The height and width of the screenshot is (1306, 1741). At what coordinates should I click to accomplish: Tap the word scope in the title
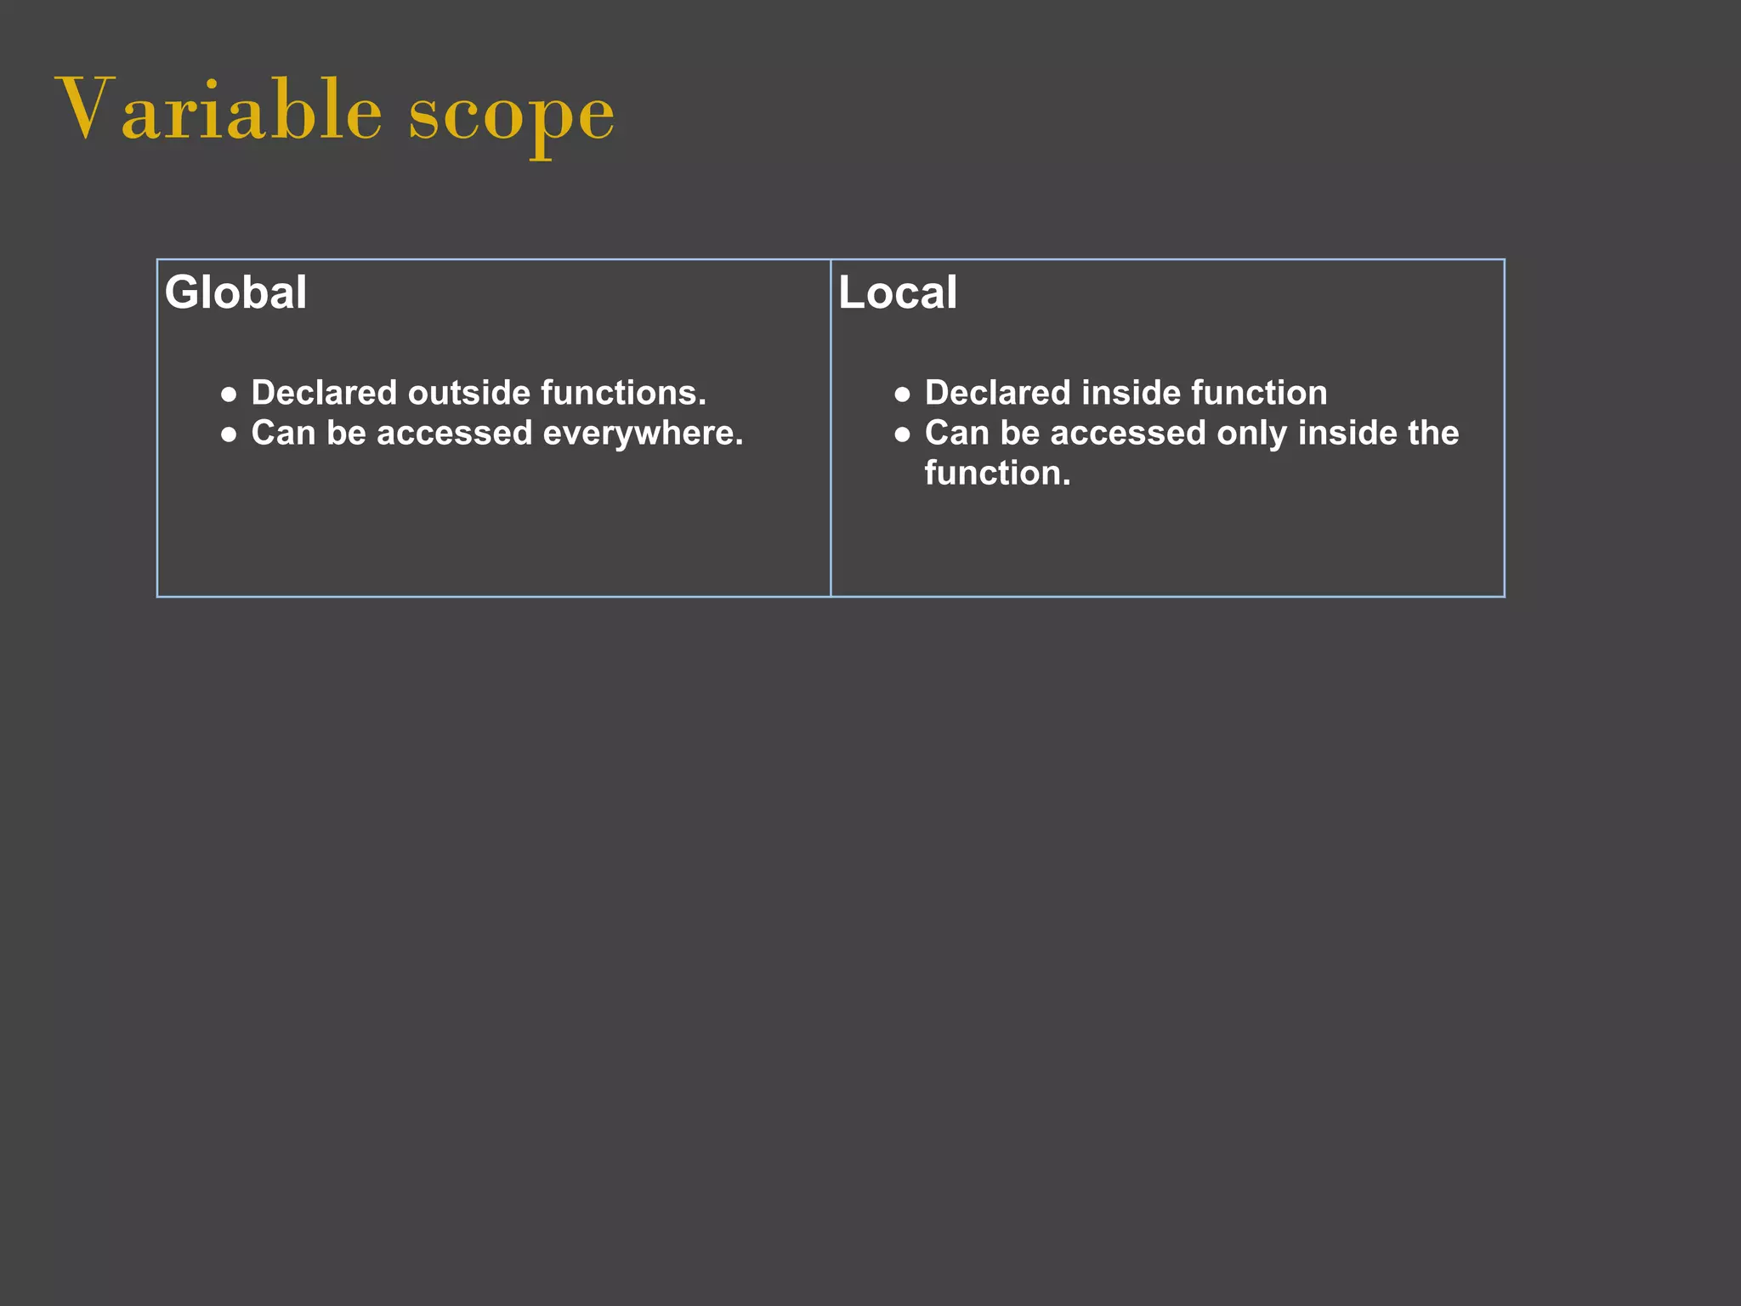coord(511,116)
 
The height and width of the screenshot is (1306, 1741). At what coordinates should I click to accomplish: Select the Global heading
coord(235,292)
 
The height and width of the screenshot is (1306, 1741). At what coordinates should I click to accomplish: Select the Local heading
coord(898,292)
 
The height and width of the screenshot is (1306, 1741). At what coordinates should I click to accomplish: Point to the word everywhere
coord(643,434)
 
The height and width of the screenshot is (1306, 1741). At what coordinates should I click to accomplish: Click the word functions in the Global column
coord(623,393)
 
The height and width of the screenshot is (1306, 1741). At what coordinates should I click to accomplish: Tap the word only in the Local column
coord(1252,434)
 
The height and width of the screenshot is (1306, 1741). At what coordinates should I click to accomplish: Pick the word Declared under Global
coord(324,393)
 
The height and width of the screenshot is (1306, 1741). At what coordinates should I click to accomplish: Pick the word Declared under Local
coord(997,393)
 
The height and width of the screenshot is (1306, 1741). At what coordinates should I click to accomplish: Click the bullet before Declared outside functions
coord(229,395)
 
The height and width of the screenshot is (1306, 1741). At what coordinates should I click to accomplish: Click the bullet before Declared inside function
coord(902,395)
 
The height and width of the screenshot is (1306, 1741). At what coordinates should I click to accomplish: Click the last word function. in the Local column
coord(997,474)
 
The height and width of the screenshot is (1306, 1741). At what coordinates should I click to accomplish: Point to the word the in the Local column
coord(1433,434)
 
